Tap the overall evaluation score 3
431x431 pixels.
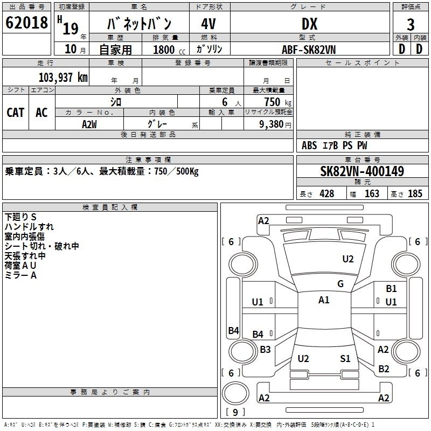[411, 25]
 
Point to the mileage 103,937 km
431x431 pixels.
[63, 78]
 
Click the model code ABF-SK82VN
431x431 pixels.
[308, 49]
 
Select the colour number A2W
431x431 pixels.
[89, 123]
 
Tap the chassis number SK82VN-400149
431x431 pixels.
[362, 171]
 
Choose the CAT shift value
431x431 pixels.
[16, 113]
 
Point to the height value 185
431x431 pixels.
[415, 194]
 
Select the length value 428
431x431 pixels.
[326, 194]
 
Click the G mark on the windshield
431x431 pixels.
[340, 284]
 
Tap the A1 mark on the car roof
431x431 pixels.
[324, 300]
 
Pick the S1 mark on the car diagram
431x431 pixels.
[345, 358]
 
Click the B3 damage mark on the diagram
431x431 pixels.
[265, 350]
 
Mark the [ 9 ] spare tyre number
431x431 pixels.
[235, 413]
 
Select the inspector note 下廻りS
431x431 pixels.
[20, 217]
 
